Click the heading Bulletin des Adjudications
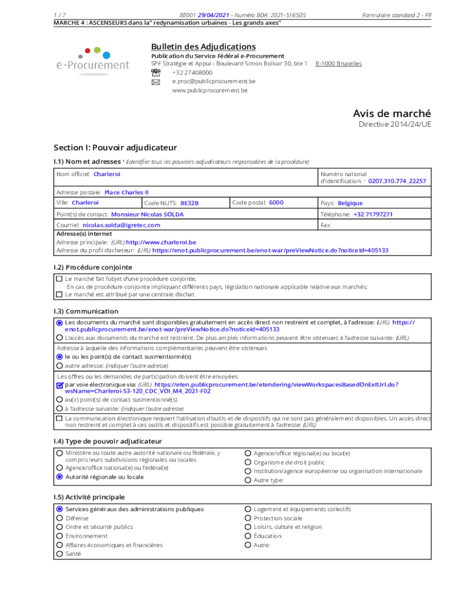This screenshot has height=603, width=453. coord(203,47)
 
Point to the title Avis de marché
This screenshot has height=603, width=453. coord(391,113)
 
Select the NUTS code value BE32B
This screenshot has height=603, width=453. coord(189,203)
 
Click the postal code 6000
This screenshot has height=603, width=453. coord(276,203)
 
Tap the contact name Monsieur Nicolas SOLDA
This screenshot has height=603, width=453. coord(147,214)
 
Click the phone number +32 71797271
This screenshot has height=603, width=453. coord(373,214)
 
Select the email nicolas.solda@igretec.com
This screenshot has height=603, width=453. coord(121,225)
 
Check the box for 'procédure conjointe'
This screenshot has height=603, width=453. coord(59,279)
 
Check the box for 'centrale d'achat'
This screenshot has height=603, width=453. coord(59,294)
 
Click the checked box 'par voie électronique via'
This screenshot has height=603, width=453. coord(59,385)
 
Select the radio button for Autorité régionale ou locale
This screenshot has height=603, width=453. coord(59,477)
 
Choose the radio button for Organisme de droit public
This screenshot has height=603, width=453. coord(248,462)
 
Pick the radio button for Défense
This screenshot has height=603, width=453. coord(59,518)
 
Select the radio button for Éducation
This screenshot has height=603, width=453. coord(248,536)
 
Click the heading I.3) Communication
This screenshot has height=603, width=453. coord(86,311)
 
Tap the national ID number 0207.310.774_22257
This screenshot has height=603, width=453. coord(397,181)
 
